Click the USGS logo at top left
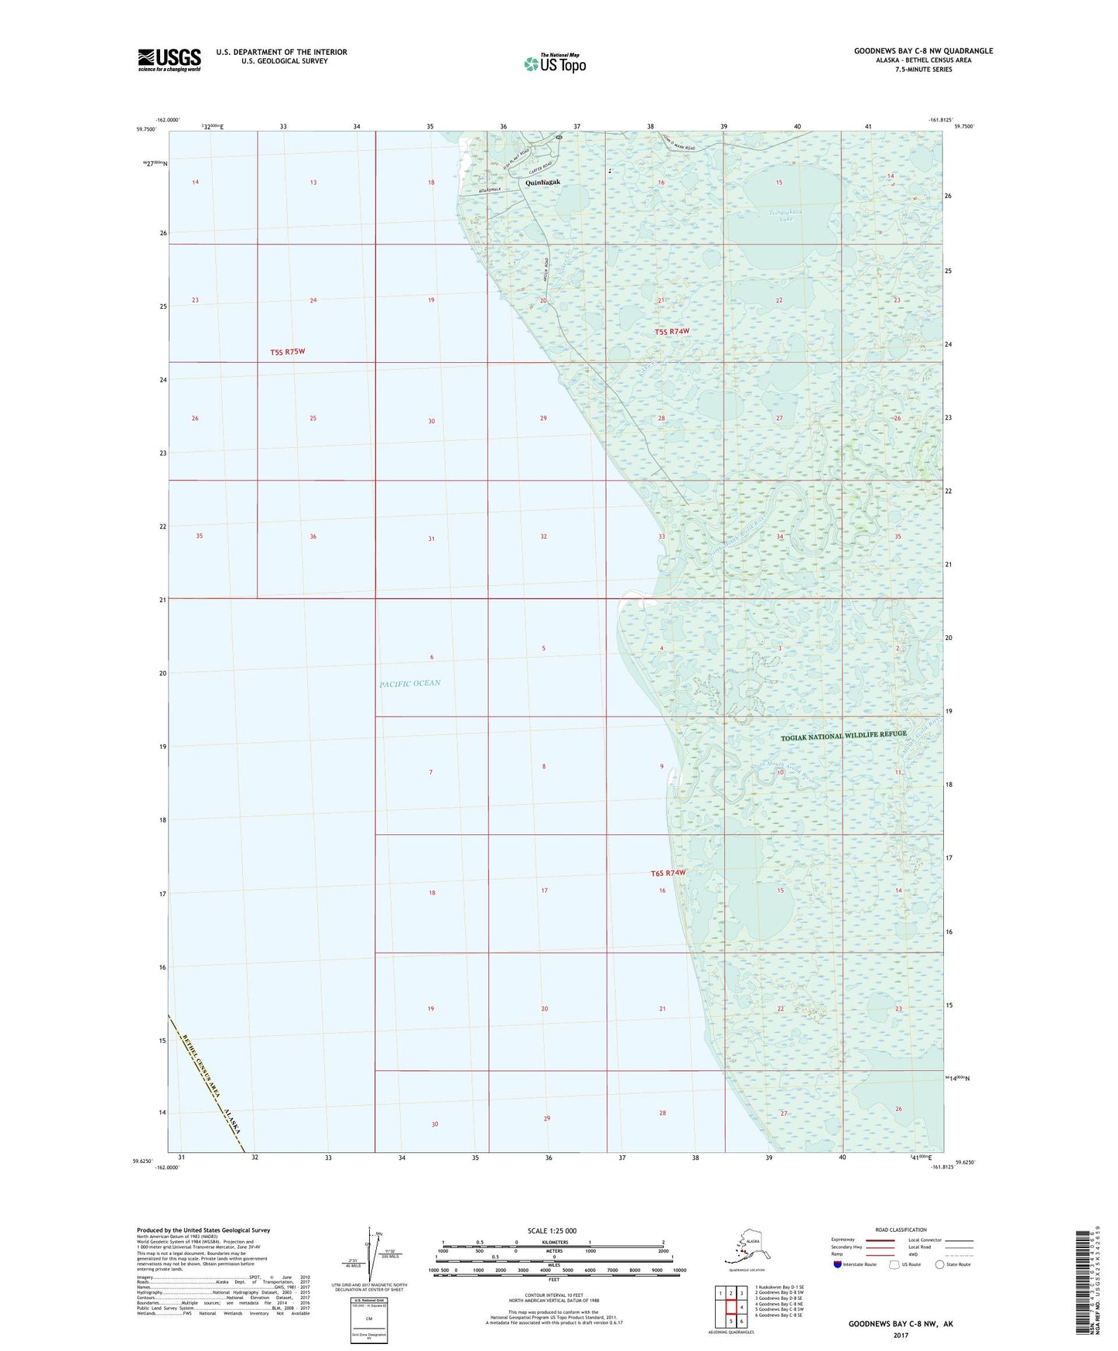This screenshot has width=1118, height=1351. (169, 60)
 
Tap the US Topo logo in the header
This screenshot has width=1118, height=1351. (555, 63)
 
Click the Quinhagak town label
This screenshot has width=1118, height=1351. (542, 183)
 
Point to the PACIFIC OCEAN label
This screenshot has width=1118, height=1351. (410, 683)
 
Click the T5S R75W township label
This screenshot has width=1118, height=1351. (288, 352)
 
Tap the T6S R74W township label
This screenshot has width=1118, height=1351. (668, 874)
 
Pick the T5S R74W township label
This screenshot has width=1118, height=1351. (672, 332)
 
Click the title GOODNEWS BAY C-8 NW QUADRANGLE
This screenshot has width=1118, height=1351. (923, 51)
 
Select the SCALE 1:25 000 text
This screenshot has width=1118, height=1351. (552, 1231)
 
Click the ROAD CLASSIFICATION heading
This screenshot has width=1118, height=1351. (901, 1230)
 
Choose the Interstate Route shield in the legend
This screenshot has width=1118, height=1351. (838, 1264)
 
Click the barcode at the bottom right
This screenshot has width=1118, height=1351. (1085, 1281)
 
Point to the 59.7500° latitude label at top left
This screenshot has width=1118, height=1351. (146, 129)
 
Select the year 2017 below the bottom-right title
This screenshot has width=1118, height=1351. (901, 1335)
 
